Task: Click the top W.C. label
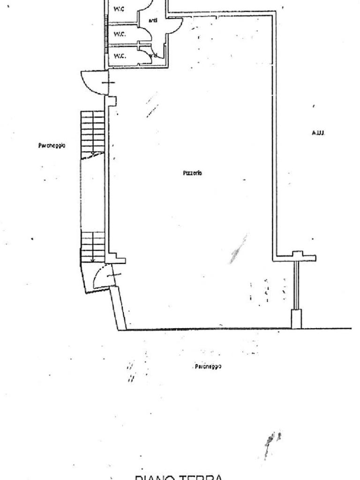(x=120, y=9)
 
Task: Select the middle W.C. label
(x=120, y=34)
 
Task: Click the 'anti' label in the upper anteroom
(x=153, y=20)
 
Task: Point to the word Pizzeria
(x=192, y=173)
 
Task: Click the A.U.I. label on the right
(x=318, y=133)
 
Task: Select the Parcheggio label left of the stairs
(x=52, y=146)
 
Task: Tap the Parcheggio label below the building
(x=208, y=366)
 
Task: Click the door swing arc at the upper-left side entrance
(x=92, y=82)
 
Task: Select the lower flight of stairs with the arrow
(x=92, y=246)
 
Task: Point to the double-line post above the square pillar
(x=296, y=284)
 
